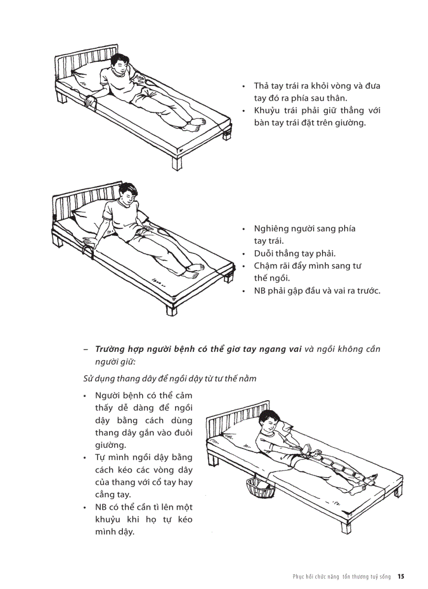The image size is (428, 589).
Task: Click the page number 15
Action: [x=401, y=576]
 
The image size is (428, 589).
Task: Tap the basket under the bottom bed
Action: [x=260, y=487]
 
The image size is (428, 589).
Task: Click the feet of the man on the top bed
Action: [x=196, y=124]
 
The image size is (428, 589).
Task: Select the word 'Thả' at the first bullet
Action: [x=261, y=85]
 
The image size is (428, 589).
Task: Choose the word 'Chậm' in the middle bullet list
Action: [x=267, y=266]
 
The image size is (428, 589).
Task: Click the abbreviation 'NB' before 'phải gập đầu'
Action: [x=260, y=291]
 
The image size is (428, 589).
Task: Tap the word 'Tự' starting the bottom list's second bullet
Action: [x=101, y=457]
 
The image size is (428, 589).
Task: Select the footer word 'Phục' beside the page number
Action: [x=299, y=576]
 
